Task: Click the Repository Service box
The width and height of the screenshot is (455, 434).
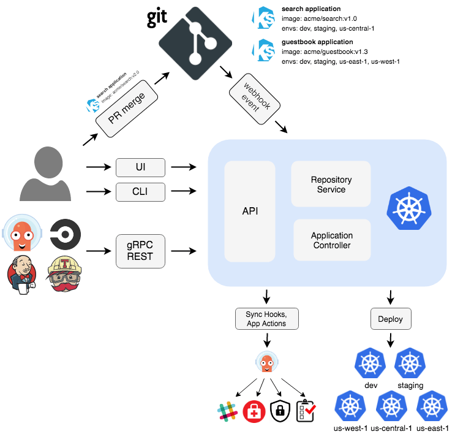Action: click(331, 184)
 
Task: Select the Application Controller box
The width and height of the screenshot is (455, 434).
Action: click(331, 240)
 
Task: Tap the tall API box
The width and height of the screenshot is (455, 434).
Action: click(249, 210)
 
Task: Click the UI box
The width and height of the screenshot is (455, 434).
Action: click(141, 167)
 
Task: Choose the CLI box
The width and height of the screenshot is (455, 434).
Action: click(141, 192)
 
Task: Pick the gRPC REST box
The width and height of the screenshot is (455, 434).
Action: click(141, 251)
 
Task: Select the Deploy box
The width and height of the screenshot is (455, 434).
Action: click(391, 319)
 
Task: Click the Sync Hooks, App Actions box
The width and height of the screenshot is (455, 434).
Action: click(266, 319)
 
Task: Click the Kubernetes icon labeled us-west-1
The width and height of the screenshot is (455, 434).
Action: click(350, 406)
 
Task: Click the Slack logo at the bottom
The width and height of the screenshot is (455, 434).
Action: click(227, 411)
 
